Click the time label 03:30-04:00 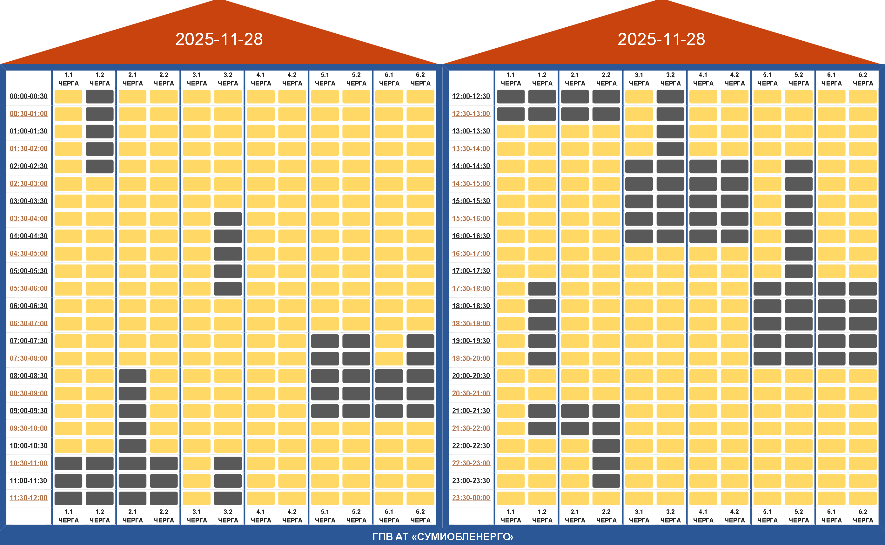tap(29, 218)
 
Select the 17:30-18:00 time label tap(471, 288)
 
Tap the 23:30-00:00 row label tap(471, 498)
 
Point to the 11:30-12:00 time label tap(29, 498)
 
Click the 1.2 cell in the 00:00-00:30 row tap(100, 97)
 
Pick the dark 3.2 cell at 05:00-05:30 tap(228, 271)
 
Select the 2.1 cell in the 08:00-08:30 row tap(132, 376)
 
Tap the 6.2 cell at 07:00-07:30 tap(420, 341)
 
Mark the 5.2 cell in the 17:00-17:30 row tap(799, 271)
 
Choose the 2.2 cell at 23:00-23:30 tap(606, 481)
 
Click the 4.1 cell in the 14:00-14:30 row tap(703, 167)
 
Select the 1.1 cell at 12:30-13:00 tap(511, 114)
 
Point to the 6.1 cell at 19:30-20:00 tap(831, 358)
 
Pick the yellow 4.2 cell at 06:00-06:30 tap(292, 306)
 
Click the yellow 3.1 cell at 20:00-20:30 tap(639, 376)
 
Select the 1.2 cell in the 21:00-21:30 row tap(542, 411)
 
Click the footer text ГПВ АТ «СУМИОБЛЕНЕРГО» tap(443, 537)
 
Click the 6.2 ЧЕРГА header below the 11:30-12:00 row tap(420, 516)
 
